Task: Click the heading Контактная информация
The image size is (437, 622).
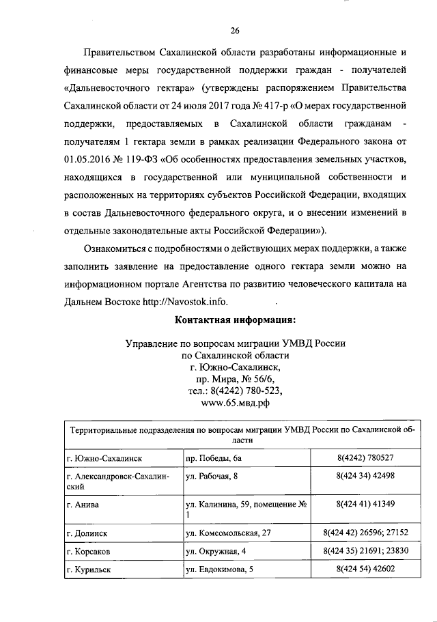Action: coord(235,320)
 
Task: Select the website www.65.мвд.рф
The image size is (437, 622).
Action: coord(235,403)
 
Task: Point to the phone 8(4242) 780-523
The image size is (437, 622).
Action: coord(235,391)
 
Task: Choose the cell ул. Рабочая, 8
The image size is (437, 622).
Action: coord(212,476)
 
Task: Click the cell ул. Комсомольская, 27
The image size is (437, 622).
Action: coord(229,532)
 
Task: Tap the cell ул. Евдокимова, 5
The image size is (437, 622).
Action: coord(220,569)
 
